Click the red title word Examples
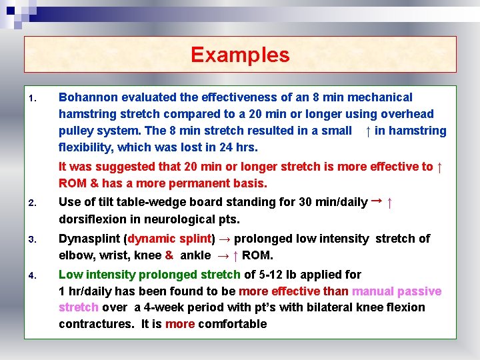click(240, 55)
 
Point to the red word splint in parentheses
click(193, 239)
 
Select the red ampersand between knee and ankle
click(169, 255)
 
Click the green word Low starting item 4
click(71, 274)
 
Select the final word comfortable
click(233, 324)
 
